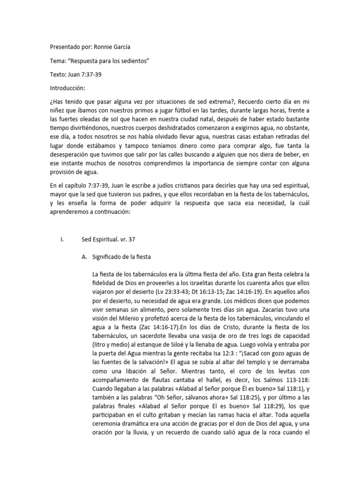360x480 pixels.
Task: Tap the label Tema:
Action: coord(59,61)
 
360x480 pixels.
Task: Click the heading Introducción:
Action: coord(68,88)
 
